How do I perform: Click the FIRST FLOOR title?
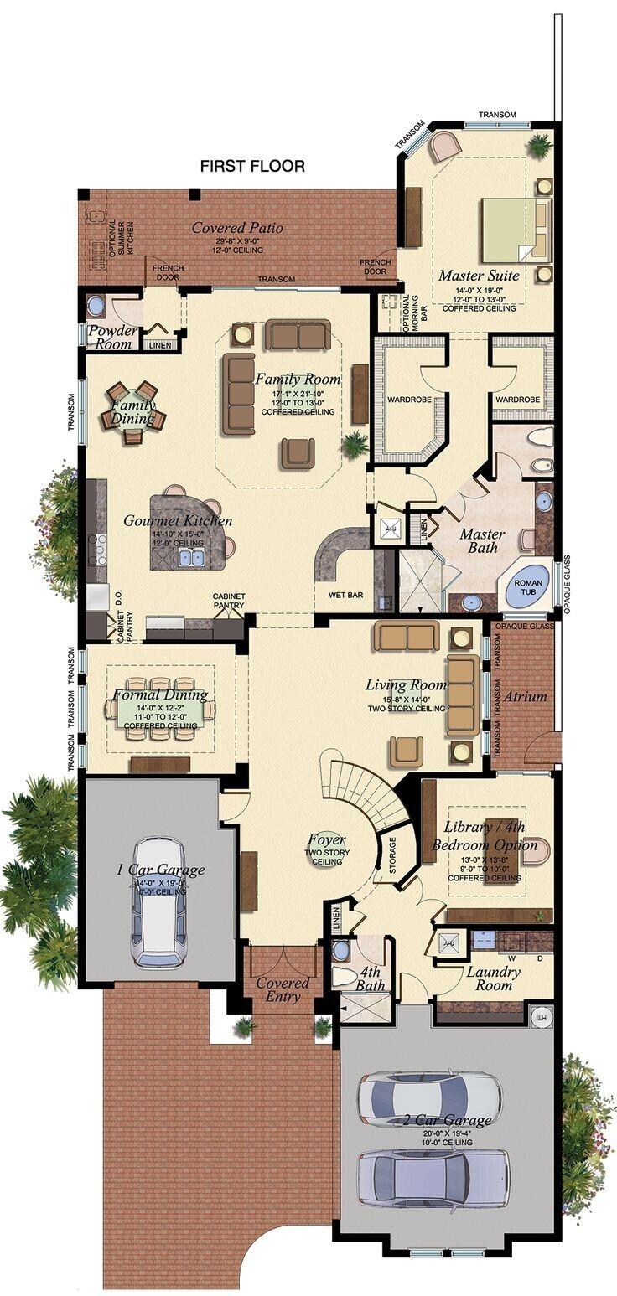click(252, 167)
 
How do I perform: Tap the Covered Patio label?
click(237, 228)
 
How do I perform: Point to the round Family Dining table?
click(133, 412)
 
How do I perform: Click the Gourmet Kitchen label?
click(178, 521)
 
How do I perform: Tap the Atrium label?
click(525, 696)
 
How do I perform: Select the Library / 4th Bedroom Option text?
click(485, 836)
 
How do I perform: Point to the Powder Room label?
click(112, 337)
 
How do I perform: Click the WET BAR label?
click(345, 596)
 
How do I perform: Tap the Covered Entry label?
click(283, 989)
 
